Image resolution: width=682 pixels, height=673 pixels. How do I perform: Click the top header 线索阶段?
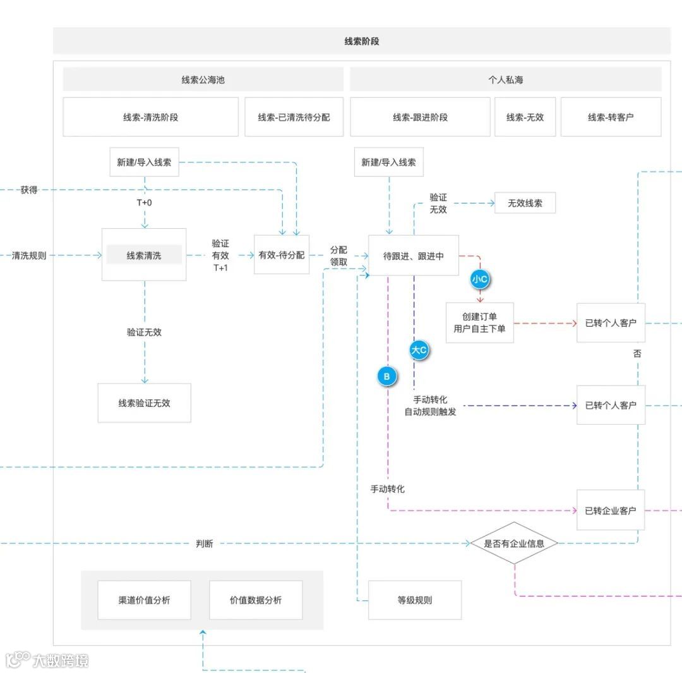tap(361, 41)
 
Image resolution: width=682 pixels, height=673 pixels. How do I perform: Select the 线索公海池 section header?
tap(203, 80)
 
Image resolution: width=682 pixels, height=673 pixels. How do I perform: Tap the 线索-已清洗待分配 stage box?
tap(294, 117)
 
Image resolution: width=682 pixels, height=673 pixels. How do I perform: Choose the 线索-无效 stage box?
tap(525, 117)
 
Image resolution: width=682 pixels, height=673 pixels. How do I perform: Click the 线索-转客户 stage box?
tap(611, 117)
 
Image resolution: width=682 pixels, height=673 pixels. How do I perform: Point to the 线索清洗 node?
tap(144, 255)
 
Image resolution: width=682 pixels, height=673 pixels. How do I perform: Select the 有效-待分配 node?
tap(282, 255)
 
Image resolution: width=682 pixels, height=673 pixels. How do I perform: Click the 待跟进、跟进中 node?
tap(414, 255)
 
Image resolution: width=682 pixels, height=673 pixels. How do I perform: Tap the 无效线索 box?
tap(525, 203)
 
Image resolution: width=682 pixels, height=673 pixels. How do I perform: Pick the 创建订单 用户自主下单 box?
tap(479, 322)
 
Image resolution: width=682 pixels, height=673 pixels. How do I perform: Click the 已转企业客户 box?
tap(611, 510)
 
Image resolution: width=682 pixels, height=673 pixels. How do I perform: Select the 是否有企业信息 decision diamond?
tap(514, 543)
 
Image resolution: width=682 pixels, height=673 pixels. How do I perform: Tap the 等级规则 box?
tap(415, 600)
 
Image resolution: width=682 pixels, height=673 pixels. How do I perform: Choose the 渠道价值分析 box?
tap(144, 600)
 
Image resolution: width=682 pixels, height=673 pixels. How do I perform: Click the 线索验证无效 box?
tap(144, 403)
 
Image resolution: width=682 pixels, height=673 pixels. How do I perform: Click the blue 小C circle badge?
tap(481, 279)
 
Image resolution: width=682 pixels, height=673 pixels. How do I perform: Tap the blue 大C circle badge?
tap(419, 349)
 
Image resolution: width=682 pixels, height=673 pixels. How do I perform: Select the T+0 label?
tap(144, 203)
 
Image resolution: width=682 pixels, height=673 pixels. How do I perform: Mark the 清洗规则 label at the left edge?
tap(29, 255)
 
